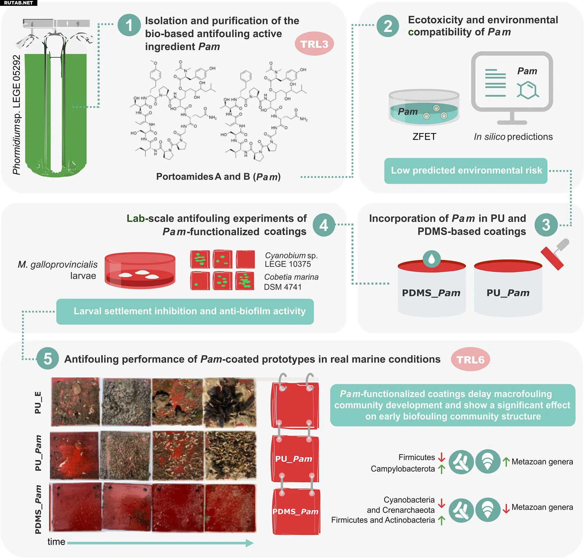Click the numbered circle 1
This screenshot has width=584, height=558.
tap(129, 25)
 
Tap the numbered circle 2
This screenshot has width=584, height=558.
tap(388, 26)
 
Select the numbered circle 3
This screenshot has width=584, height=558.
tap(546, 225)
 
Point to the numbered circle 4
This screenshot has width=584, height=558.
tap(324, 225)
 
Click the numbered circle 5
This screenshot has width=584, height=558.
tap(48, 359)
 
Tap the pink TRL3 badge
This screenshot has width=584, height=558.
tap(314, 44)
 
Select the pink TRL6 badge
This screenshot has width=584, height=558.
tap(470, 360)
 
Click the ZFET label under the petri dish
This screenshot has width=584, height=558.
tap(424, 137)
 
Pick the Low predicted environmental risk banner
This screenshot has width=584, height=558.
tap(466, 171)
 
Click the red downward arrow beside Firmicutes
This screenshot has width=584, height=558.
tap(441, 457)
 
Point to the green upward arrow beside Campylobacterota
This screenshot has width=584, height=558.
tap(441, 469)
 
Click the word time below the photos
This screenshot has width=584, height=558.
tap(56, 542)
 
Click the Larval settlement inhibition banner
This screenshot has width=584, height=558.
tap(185, 311)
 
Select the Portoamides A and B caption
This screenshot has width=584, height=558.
tap(218, 177)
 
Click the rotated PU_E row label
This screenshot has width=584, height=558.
tap(38, 402)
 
